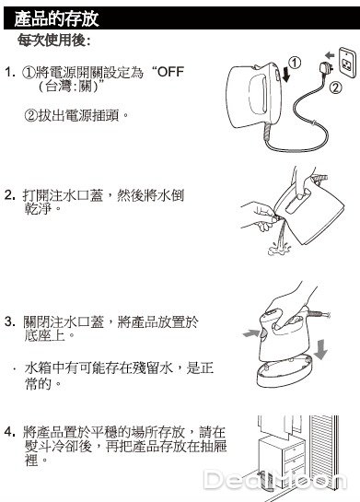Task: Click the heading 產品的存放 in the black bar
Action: [56, 18]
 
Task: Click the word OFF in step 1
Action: [170, 72]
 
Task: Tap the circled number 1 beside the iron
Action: [295, 63]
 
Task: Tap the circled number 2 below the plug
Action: [335, 88]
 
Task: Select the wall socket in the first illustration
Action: [347, 63]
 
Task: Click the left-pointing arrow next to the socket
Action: [330, 54]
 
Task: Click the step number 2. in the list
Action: [10, 194]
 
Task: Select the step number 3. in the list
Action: [10, 321]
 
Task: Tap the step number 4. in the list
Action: [10, 432]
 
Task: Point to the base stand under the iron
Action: [285, 371]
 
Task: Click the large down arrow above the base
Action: [320, 350]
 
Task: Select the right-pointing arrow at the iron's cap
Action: [251, 333]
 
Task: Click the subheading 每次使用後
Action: [53, 41]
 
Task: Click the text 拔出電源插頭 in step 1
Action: [77, 115]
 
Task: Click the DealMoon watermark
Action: [275, 480]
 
